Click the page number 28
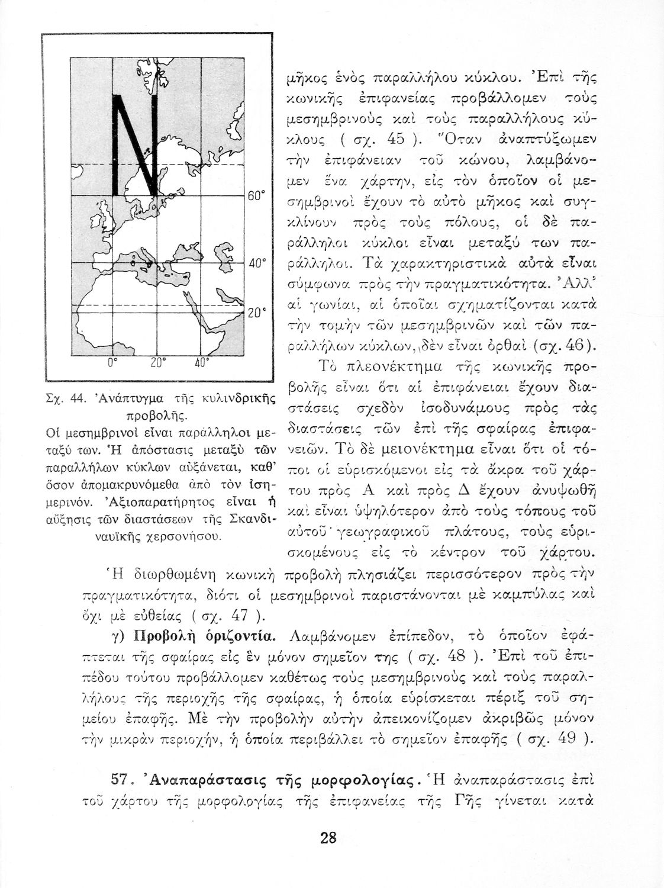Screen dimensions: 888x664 pos(328,838)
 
